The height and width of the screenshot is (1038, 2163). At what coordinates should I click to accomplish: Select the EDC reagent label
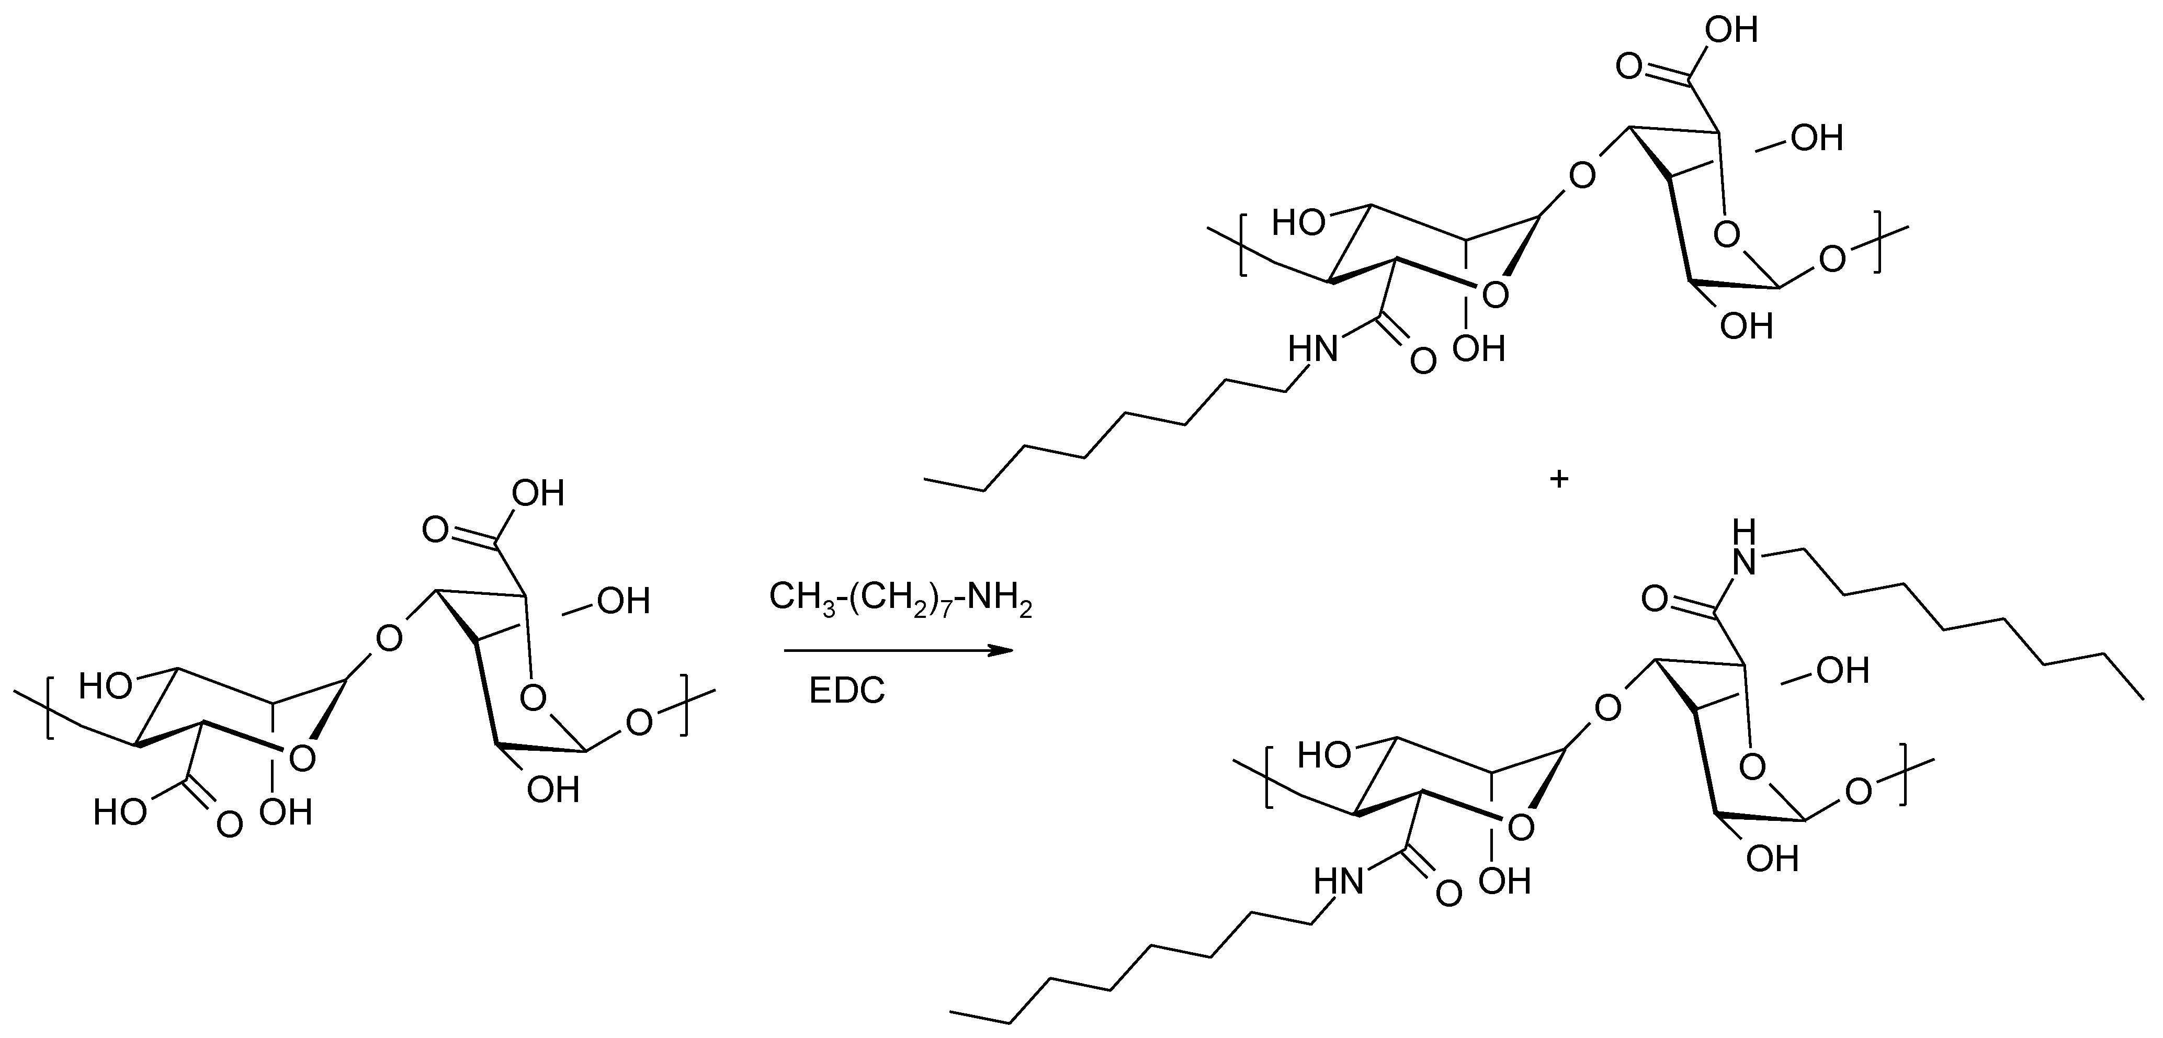click(846, 691)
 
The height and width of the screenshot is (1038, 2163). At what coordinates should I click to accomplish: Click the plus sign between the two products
click(1558, 480)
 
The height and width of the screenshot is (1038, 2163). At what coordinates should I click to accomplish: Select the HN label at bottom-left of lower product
click(1339, 881)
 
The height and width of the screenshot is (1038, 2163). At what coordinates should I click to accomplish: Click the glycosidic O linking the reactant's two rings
click(389, 639)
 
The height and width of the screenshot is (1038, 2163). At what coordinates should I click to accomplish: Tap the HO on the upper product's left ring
click(1299, 223)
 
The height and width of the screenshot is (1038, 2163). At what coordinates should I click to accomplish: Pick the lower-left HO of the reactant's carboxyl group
click(120, 812)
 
